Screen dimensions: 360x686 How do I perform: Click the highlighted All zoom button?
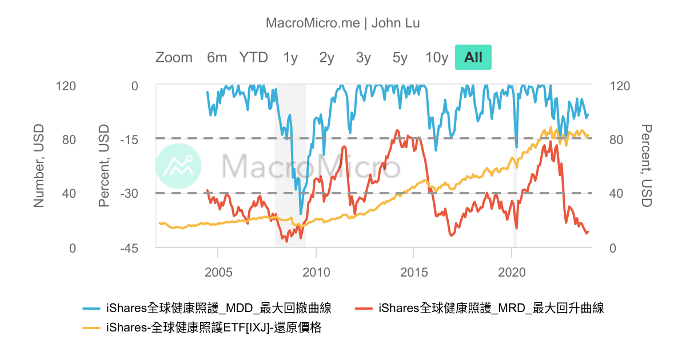click(x=473, y=57)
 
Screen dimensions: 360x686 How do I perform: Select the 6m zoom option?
click(x=217, y=57)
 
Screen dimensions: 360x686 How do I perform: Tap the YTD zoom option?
click(x=253, y=57)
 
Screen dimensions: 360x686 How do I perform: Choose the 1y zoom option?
click(x=290, y=57)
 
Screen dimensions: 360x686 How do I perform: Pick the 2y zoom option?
click(x=326, y=57)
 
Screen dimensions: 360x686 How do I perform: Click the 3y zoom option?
click(x=363, y=57)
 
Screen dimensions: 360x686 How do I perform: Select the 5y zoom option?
click(x=400, y=57)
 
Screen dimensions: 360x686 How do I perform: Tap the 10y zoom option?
click(x=437, y=57)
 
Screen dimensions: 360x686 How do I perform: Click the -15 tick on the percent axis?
click(x=131, y=139)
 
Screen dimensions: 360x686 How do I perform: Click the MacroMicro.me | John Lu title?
click(x=343, y=23)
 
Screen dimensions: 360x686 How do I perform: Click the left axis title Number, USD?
click(x=39, y=166)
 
